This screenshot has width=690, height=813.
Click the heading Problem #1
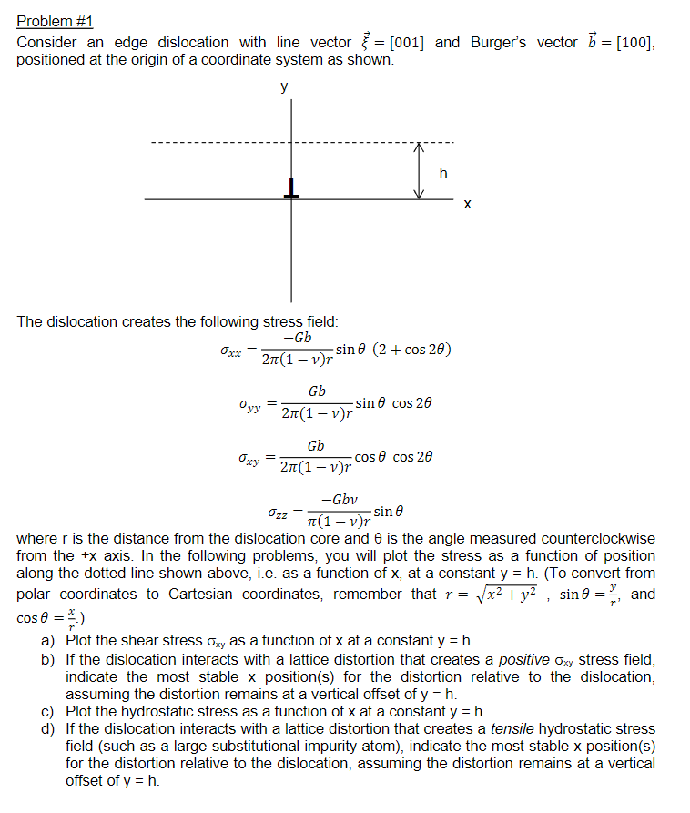click(x=55, y=21)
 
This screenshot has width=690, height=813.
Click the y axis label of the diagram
click(x=284, y=88)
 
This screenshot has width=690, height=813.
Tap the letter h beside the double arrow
click(x=443, y=174)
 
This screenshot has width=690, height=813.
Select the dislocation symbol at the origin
click(x=291, y=189)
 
